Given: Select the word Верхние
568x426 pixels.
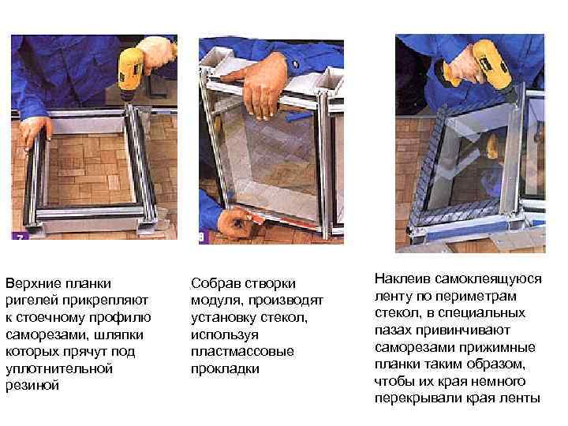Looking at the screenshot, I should click(x=31, y=282).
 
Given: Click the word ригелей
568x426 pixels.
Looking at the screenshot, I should click(x=30, y=300).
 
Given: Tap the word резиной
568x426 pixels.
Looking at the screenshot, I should click(x=32, y=386).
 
